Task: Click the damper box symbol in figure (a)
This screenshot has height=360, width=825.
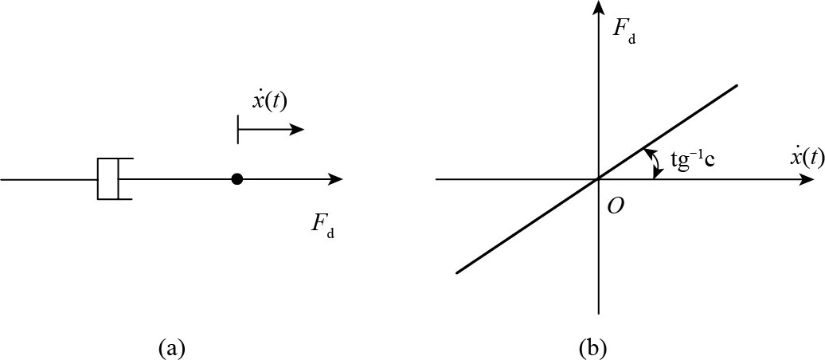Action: click(x=108, y=179)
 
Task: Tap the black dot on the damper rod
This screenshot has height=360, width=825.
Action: click(x=237, y=179)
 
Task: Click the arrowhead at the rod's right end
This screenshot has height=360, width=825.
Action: click(x=337, y=179)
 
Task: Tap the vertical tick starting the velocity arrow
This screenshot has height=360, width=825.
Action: click(x=238, y=130)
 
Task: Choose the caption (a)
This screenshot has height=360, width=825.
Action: click(x=173, y=347)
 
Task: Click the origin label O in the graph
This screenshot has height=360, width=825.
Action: click(x=615, y=205)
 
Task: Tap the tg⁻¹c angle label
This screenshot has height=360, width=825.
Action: click(x=691, y=160)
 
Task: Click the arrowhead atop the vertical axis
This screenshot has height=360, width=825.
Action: click(x=597, y=8)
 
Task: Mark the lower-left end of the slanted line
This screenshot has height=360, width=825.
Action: click(x=456, y=273)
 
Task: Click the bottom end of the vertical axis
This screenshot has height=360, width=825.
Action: click(x=597, y=313)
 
